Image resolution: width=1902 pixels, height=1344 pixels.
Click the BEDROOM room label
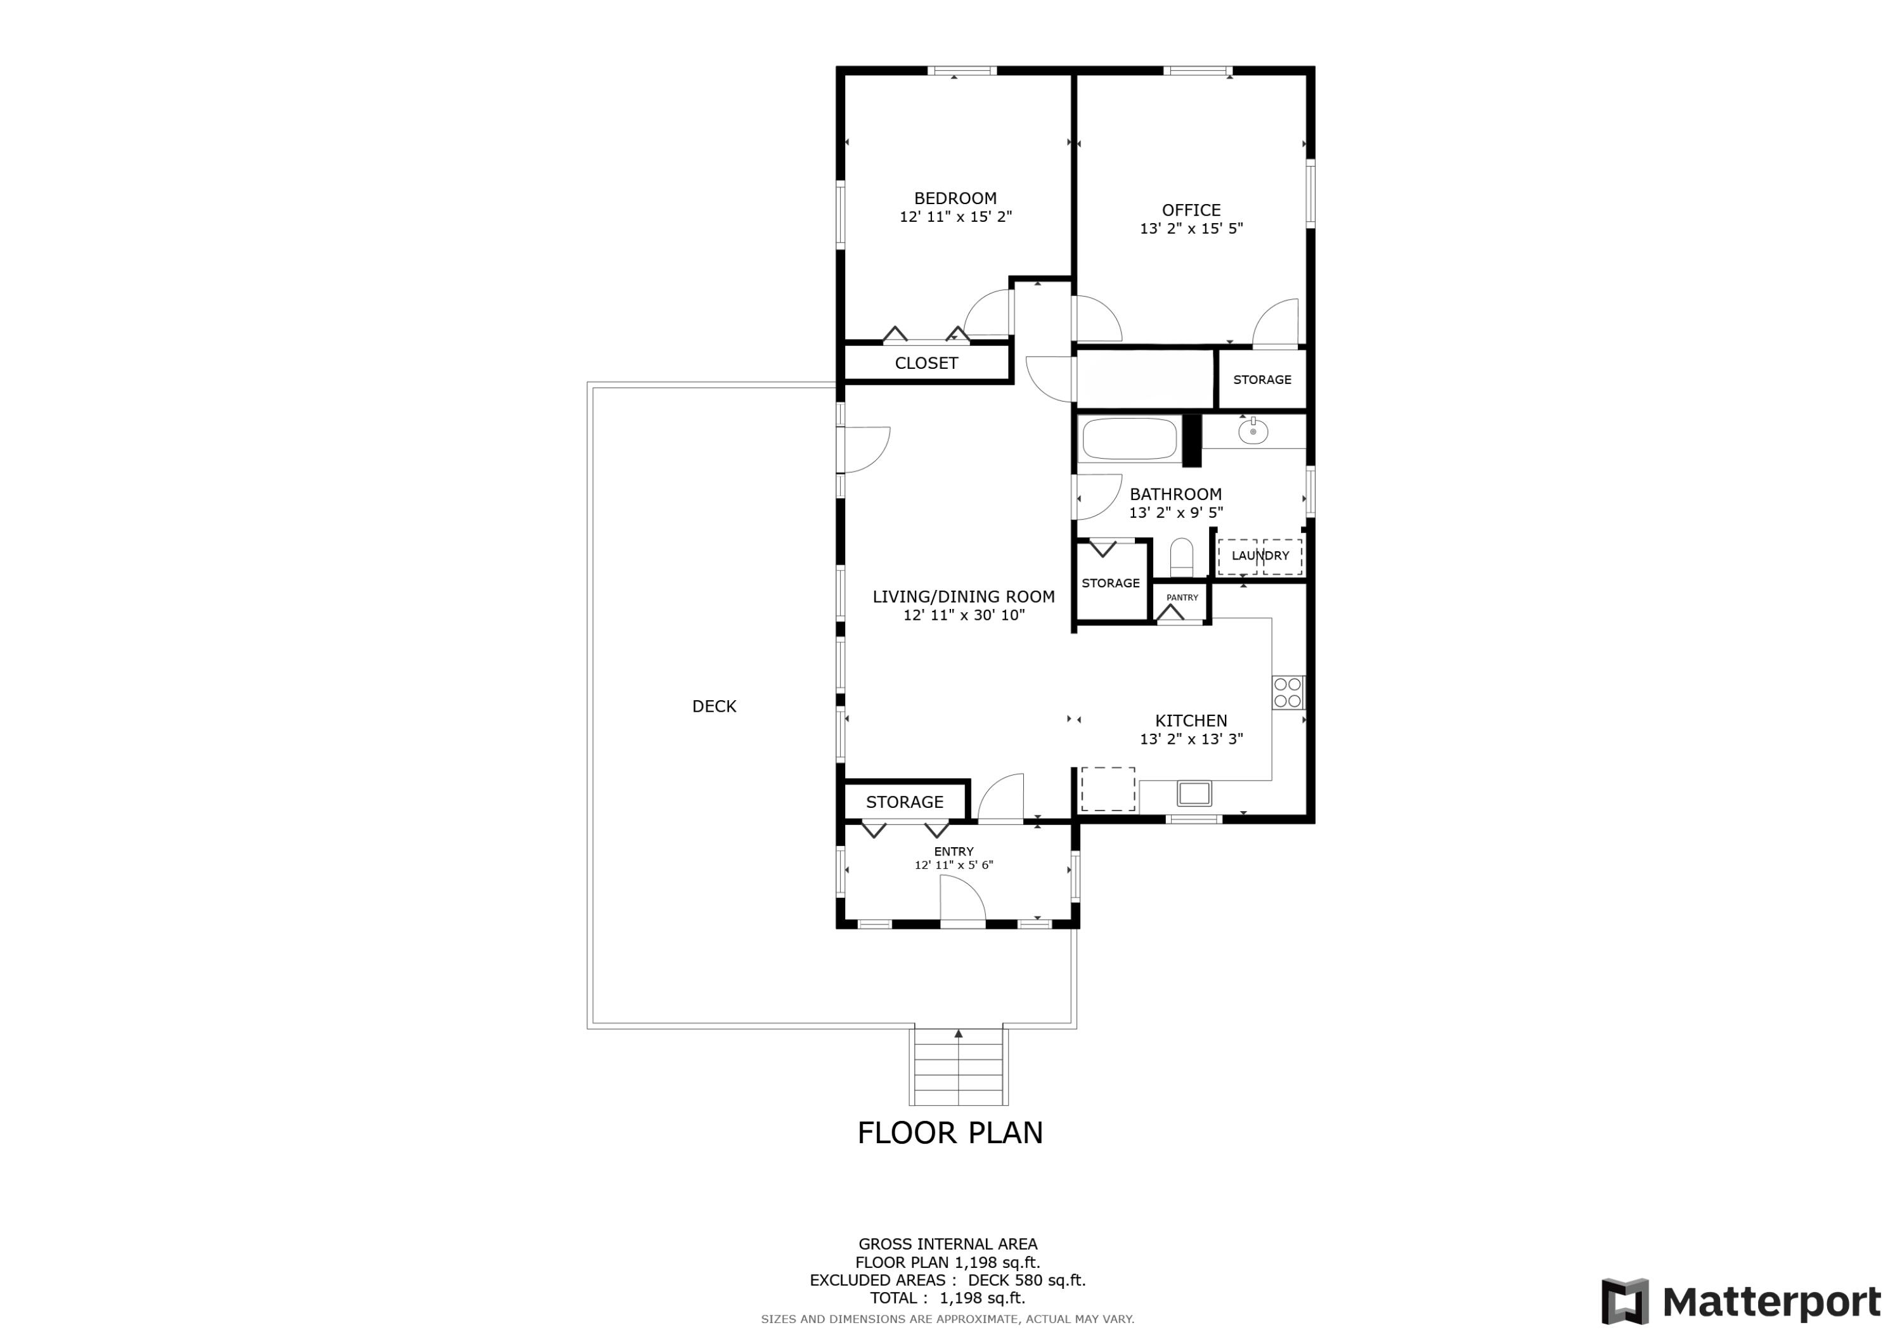955,198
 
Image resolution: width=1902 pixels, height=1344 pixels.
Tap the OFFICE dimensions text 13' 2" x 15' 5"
1191,229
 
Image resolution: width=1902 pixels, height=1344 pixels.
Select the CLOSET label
926,362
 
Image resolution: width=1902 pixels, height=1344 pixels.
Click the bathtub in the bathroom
1130,439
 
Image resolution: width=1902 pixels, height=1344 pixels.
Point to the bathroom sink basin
1253,431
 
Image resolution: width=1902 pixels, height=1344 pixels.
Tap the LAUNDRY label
1260,556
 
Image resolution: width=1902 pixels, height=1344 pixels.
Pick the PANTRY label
1182,597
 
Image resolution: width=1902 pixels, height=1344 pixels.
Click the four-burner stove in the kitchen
1288,693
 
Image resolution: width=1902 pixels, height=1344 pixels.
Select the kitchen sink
1194,793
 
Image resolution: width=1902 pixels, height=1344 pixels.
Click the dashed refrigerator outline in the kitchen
1108,789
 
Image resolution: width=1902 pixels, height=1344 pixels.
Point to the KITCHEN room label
1191,720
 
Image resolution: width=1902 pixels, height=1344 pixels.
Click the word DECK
714,707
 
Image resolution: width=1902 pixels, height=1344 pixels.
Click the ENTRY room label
954,851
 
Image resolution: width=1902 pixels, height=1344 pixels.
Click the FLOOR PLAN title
950,1133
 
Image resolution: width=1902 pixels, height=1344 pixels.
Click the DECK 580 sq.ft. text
1027,1280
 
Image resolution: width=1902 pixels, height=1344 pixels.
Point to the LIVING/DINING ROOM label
964,596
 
